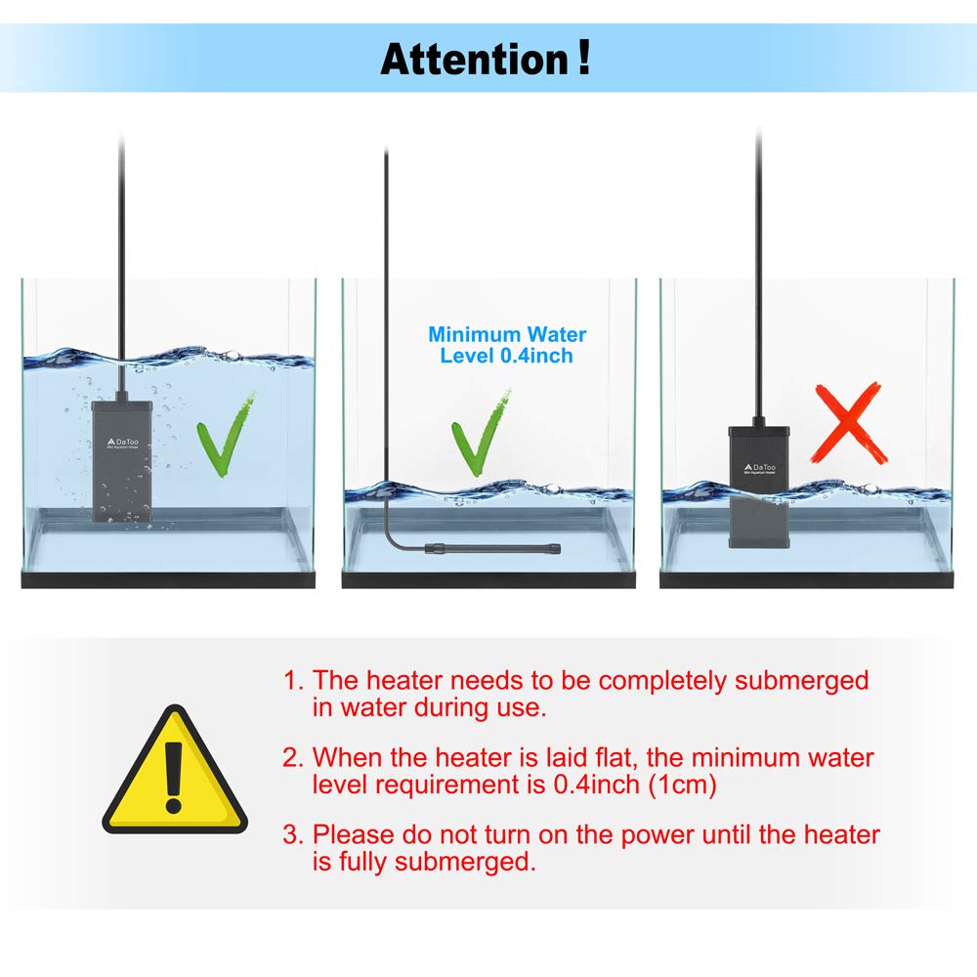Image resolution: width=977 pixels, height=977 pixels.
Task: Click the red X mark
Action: pyautogui.click(x=851, y=422)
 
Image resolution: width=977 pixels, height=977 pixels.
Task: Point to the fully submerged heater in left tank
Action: pyautogui.click(x=121, y=460)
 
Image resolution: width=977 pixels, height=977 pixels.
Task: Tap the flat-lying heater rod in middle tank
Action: pyautogui.click(x=493, y=549)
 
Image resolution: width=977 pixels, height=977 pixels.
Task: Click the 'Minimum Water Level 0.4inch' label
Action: pyautogui.click(x=507, y=345)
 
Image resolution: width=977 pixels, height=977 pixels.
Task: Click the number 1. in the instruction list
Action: pyautogui.click(x=293, y=680)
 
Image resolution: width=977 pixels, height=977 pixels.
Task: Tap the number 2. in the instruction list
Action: pyautogui.click(x=293, y=757)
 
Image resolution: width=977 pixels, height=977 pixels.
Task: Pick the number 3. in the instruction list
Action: pyautogui.click(x=293, y=834)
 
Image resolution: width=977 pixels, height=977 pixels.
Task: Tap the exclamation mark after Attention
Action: pyautogui.click(x=583, y=57)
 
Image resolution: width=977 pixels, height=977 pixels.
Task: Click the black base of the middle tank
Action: pyautogui.click(x=488, y=580)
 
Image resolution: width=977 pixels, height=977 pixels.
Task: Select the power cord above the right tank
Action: pyautogui.click(x=758, y=244)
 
